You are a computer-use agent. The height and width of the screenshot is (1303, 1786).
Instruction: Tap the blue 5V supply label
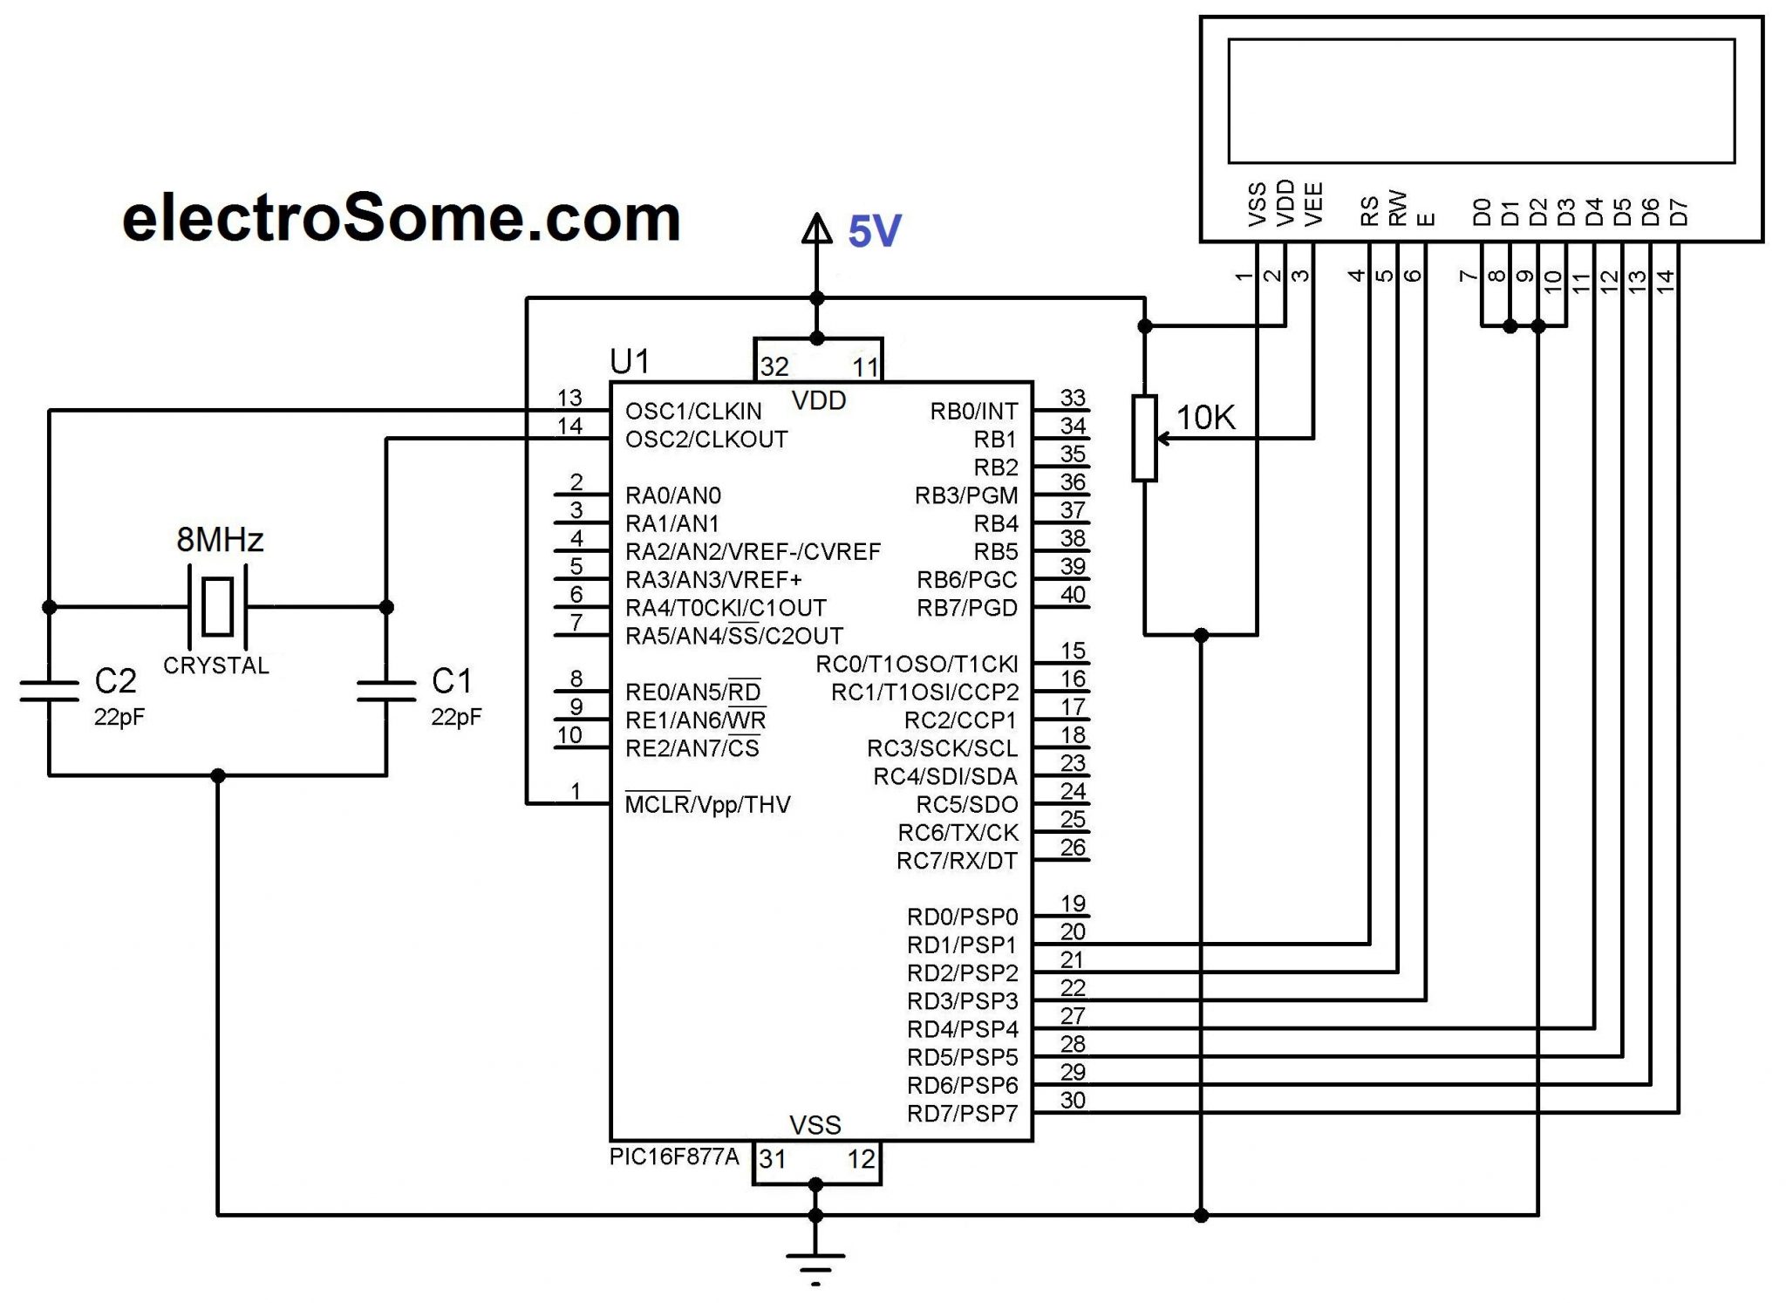(x=874, y=232)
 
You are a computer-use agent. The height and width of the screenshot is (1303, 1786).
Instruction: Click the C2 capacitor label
(x=115, y=681)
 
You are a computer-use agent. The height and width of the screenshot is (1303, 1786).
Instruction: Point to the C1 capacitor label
(x=452, y=681)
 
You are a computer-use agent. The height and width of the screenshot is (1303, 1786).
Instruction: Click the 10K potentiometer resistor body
(x=1144, y=438)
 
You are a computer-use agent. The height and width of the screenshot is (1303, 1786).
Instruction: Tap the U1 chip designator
(x=630, y=361)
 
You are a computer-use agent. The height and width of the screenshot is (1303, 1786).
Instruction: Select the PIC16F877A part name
(x=674, y=1157)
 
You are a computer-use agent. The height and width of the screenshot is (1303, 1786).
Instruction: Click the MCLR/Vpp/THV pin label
(x=707, y=804)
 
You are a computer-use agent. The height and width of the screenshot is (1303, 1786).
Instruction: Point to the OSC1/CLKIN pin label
(x=693, y=411)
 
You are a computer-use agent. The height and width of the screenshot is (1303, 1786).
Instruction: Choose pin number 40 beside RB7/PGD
(x=1073, y=595)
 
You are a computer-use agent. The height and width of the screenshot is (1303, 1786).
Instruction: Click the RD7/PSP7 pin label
(x=962, y=1114)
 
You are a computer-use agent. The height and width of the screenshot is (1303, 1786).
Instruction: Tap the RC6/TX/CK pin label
(x=958, y=833)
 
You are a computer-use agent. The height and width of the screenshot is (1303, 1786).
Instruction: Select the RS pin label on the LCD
(x=1370, y=211)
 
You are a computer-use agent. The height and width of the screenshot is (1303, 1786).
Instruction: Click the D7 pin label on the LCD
(x=1679, y=212)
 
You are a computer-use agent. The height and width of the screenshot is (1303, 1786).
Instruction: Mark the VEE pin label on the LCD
(x=1313, y=204)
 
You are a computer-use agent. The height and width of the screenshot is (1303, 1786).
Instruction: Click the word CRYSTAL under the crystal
(x=216, y=665)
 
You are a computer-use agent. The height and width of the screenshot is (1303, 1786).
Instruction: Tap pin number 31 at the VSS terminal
(x=773, y=1159)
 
